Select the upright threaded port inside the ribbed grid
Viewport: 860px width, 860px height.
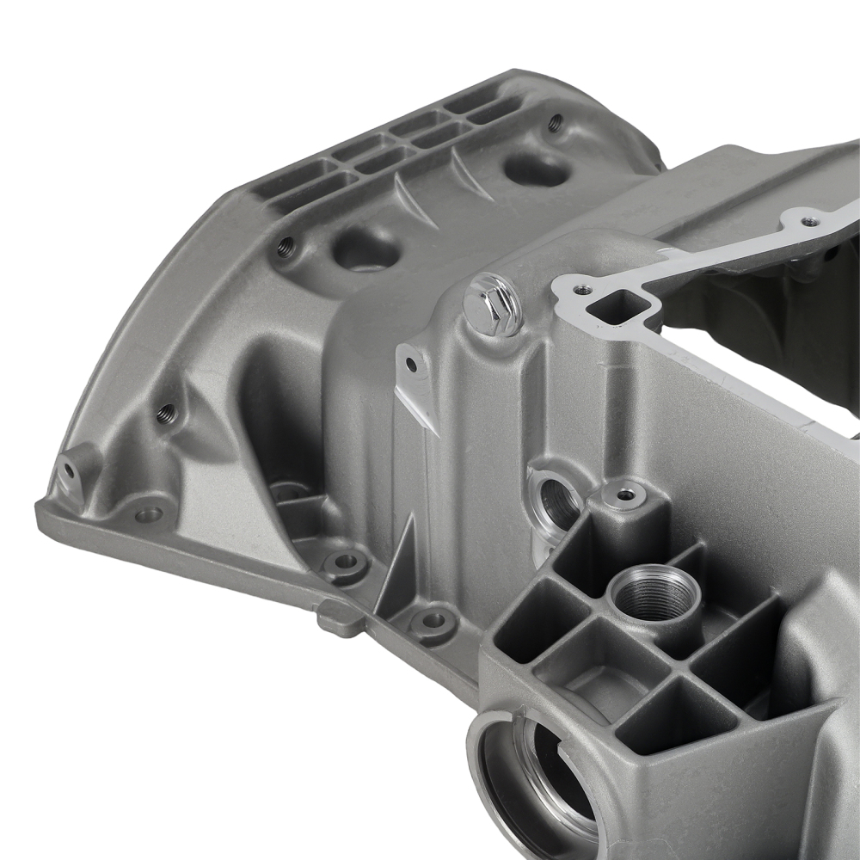pyautogui.click(x=654, y=593)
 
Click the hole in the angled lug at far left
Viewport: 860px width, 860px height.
pyautogui.click(x=68, y=470)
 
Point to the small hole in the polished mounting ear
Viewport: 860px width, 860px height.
pyautogui.click(x=411, y=365)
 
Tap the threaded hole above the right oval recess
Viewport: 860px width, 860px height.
pyautogui.click(x=556, y=122)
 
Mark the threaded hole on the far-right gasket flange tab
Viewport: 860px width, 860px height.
pyautogui.click(x=808, y=221)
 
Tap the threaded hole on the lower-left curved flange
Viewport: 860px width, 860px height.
pyautogui.click(x=166, y=413)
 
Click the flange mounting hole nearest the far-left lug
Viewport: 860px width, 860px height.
pyautogui.click(x=149, y=514)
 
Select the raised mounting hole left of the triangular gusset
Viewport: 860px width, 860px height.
pyautogui.click(x=346, y=562)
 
